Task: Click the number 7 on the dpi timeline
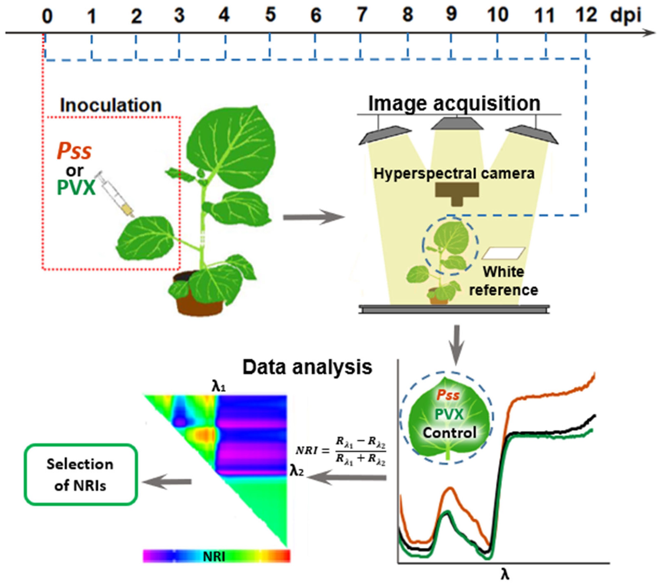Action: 362,15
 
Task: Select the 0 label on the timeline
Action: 47,16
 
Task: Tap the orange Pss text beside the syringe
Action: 74,151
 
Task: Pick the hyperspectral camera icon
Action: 457,193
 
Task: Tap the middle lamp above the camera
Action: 457,124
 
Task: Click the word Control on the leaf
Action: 449,433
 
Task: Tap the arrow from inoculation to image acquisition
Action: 313,217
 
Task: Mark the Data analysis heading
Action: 307,367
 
